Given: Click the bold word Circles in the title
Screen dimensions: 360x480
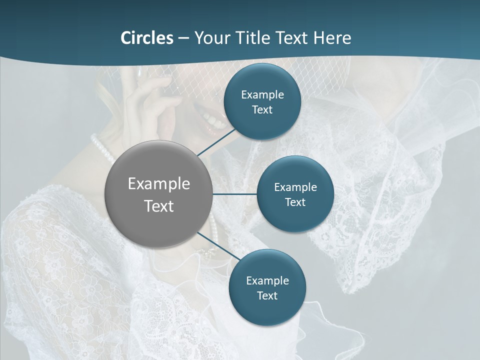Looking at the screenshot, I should pos(146,38).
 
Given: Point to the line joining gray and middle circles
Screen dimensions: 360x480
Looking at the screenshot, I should pos(234,194).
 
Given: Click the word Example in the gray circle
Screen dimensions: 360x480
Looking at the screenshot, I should pos(158,184).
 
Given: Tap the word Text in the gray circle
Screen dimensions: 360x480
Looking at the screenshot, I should pos(158,206).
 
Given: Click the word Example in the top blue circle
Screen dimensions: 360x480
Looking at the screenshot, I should pos(262,94).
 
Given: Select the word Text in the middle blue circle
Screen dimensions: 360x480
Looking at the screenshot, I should pos(295,202).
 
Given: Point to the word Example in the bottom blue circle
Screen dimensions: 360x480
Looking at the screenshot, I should pos(267,280).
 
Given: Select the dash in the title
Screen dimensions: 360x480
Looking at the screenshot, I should pos(183,38).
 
